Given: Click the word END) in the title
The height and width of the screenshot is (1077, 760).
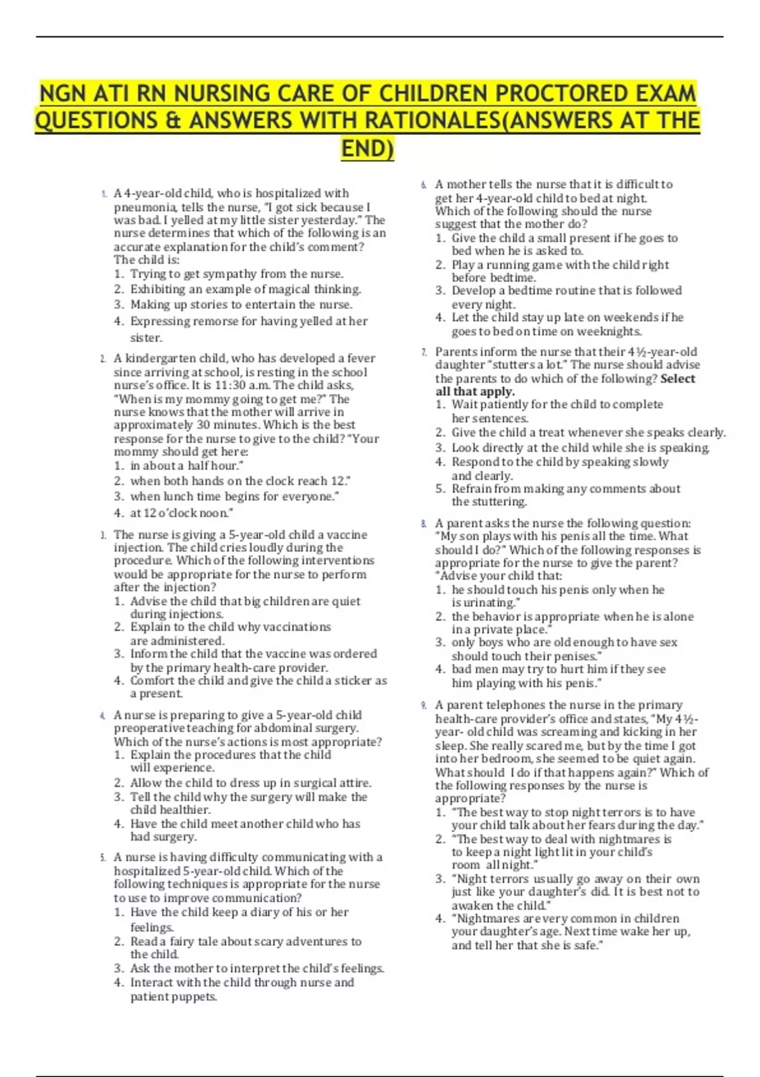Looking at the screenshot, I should click(367, 149).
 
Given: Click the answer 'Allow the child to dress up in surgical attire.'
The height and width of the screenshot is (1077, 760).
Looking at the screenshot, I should click(251, 783).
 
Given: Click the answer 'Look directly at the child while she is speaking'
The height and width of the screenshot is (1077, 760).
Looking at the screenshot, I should click(580, 448).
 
